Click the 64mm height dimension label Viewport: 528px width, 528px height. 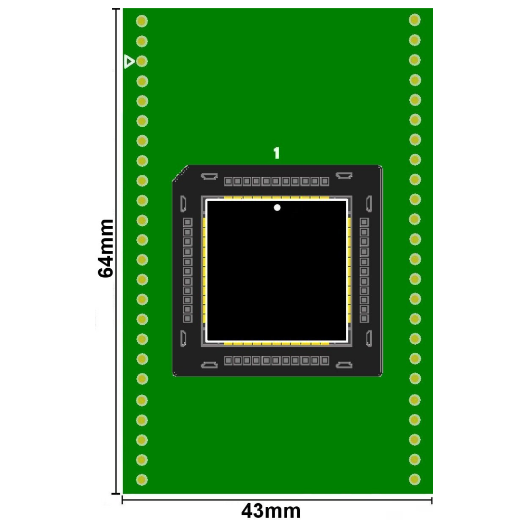106,248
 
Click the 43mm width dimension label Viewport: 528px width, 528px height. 271,511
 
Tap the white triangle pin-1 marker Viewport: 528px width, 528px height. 129,62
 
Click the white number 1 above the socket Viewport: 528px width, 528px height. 276,154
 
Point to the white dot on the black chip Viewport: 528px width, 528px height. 277,208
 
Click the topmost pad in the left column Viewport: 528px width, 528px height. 142,21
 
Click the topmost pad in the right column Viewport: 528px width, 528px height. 414,20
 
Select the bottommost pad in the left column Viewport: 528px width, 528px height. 142,479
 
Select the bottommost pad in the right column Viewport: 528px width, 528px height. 414,479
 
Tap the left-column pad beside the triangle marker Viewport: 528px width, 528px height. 142,62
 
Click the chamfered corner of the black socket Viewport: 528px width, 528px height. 180,174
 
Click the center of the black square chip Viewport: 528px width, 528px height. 277,270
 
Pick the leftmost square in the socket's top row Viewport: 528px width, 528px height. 228,181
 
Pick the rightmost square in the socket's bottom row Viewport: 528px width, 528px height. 325,361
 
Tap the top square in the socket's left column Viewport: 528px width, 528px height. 187,222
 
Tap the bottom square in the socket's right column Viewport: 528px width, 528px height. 364,319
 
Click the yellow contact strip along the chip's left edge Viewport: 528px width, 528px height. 204,270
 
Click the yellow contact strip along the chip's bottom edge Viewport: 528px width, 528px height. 277,343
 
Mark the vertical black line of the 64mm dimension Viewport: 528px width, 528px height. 117,158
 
